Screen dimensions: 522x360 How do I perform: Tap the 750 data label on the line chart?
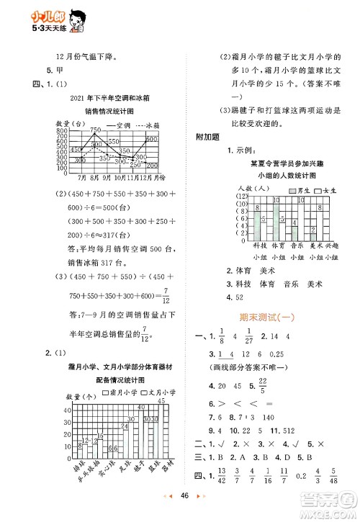coord(96,128)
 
